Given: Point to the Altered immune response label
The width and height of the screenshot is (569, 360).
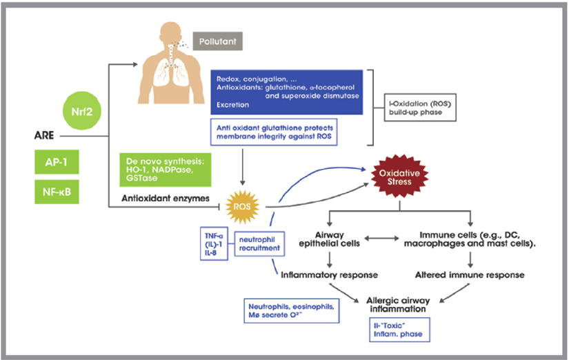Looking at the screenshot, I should (470, 274).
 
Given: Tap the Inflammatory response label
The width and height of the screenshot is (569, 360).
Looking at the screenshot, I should (330, 274).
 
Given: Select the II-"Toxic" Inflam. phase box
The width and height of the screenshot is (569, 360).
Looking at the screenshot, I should (396, 330).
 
